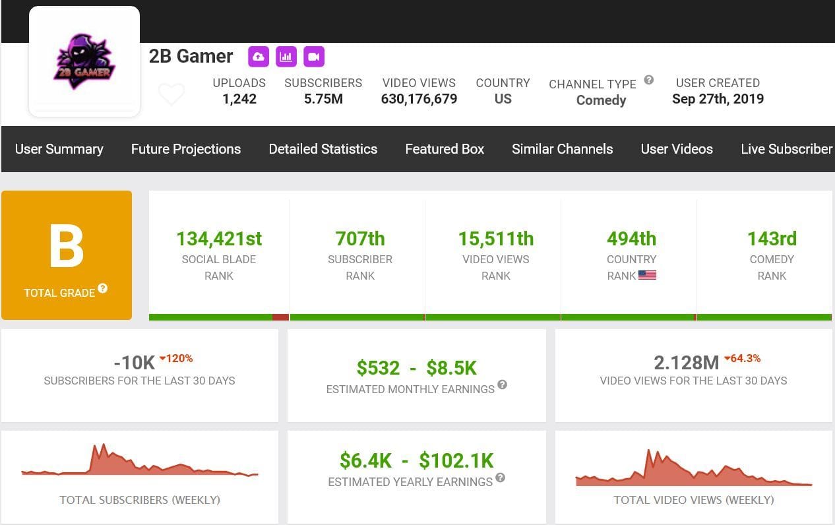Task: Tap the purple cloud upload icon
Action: [259, 57]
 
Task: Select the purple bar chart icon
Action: [286, 57]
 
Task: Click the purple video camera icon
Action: [314, 57]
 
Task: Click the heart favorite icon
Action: [171, 94]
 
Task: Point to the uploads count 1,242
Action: [239, 99]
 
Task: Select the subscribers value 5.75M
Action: [323, 99]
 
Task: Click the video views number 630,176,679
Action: [419, 99]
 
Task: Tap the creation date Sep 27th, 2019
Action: [718, 99]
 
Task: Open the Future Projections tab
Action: [185, 149]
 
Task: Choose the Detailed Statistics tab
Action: [323, 149]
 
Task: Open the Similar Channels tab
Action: [562, 149]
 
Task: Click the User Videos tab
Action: [676, 149]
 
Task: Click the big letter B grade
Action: [67, 247]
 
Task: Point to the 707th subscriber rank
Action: [359, 239]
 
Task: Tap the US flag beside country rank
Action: [647, 275]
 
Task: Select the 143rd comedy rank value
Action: [771, 239]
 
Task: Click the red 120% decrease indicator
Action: [176, 359]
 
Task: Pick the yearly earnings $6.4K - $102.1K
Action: [416, 460]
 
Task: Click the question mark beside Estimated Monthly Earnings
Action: [502, 385]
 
